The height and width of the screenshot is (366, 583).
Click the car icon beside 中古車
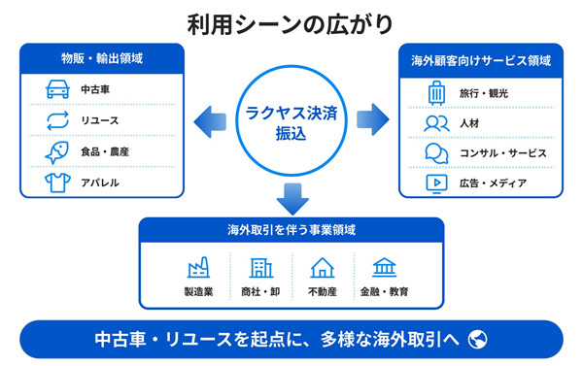(x=57, y=89)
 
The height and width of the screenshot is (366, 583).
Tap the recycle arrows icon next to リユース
(x=57, y=120)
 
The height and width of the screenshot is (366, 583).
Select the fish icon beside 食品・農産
(x=57, y=152)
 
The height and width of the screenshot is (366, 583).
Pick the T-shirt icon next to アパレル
(x=57, y=183)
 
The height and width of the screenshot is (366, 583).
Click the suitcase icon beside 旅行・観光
(x=436, y=93)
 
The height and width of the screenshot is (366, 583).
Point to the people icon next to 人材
(x=436, y=123)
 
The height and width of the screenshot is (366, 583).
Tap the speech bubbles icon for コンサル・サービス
(x=436, y=153)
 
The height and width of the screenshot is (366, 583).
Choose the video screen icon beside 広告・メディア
(x=436, y=183)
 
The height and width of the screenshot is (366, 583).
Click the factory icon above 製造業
(x=198, y=267)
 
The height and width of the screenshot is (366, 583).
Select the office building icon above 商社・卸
(x=261, y=268)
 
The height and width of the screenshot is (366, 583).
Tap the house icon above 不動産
(x=323, y=268)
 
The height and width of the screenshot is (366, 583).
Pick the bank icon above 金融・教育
(x=385, y=267)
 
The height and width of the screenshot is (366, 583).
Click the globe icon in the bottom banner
(x=477, y=339)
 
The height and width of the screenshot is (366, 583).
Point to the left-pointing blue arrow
(x=210, y=121)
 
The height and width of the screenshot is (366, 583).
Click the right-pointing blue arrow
(x=373, y=119)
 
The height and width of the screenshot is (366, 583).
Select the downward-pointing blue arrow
(x=292, y=199)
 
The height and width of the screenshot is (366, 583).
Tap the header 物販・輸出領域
(x=102, y=58)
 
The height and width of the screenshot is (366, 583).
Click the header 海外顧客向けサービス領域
(x=481, y=60)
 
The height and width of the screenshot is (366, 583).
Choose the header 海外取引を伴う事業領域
(x=291, y=230)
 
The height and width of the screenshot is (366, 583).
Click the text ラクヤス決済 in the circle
(x=291, y=113)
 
